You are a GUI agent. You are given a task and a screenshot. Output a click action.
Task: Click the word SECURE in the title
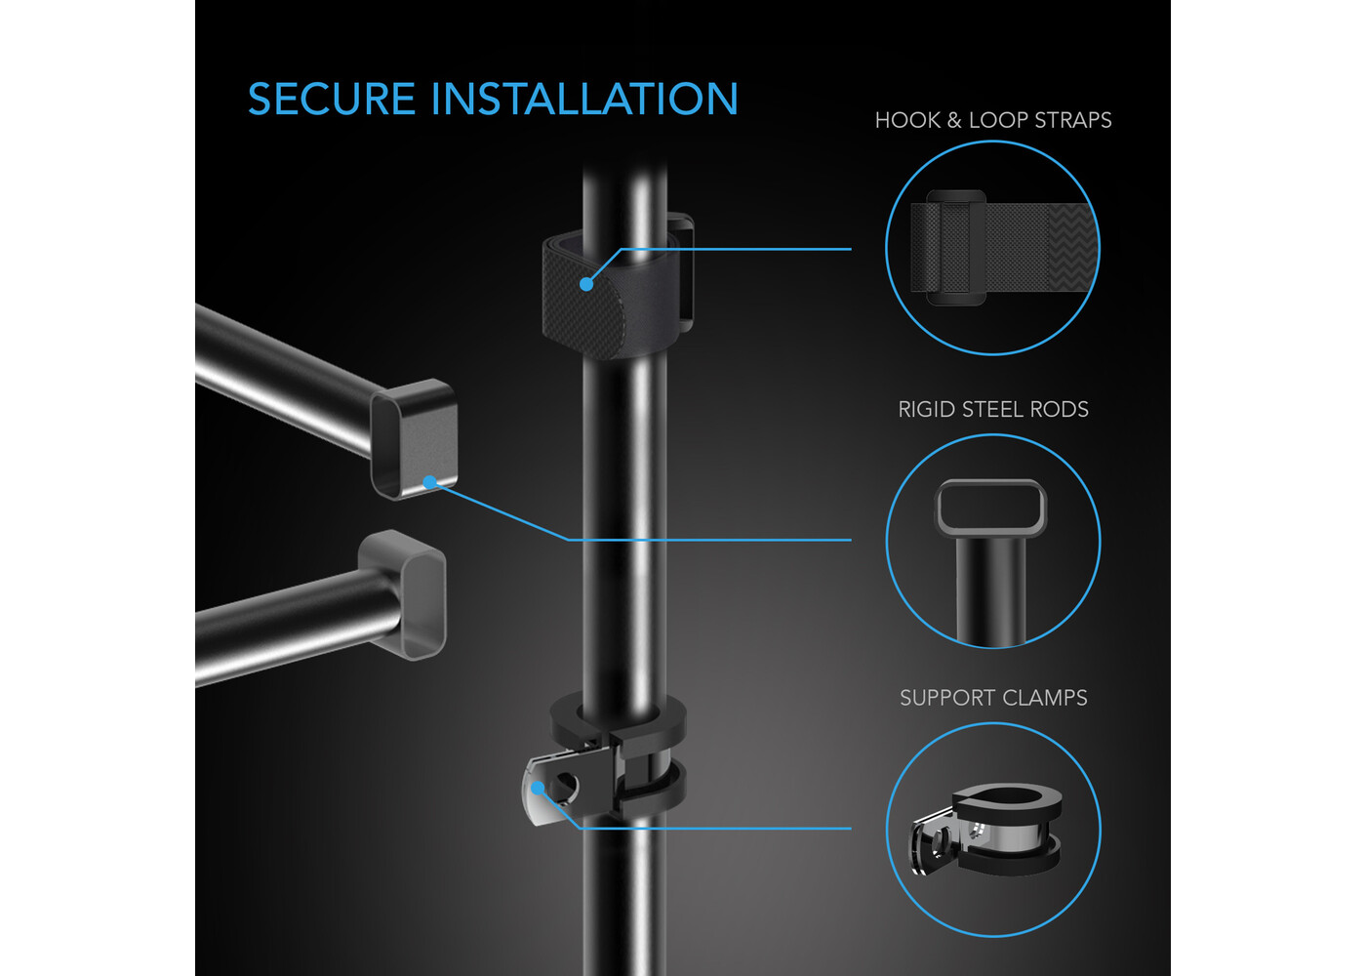(x=332, y=99)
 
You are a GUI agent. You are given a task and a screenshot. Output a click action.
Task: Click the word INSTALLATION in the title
(x=584, y=99)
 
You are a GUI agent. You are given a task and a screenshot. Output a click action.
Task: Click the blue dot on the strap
(x=586, y=284)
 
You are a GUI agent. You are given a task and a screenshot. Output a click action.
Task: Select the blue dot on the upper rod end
(x=430, y=482)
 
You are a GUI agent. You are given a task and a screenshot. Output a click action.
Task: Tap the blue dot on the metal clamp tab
(x=538, y=789)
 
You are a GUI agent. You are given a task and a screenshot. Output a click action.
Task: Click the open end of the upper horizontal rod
(x=414, y=439)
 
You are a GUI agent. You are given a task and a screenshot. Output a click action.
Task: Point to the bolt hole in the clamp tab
(x=565, y=786)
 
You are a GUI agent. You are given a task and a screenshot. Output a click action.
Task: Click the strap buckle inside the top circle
(x=956, y=247)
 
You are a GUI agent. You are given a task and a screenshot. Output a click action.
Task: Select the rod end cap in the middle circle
(x=990, y=508)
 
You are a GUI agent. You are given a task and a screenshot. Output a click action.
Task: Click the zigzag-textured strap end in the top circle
(x=1072, y=247)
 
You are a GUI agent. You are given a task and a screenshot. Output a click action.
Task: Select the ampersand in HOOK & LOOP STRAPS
(x=954, y=120)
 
